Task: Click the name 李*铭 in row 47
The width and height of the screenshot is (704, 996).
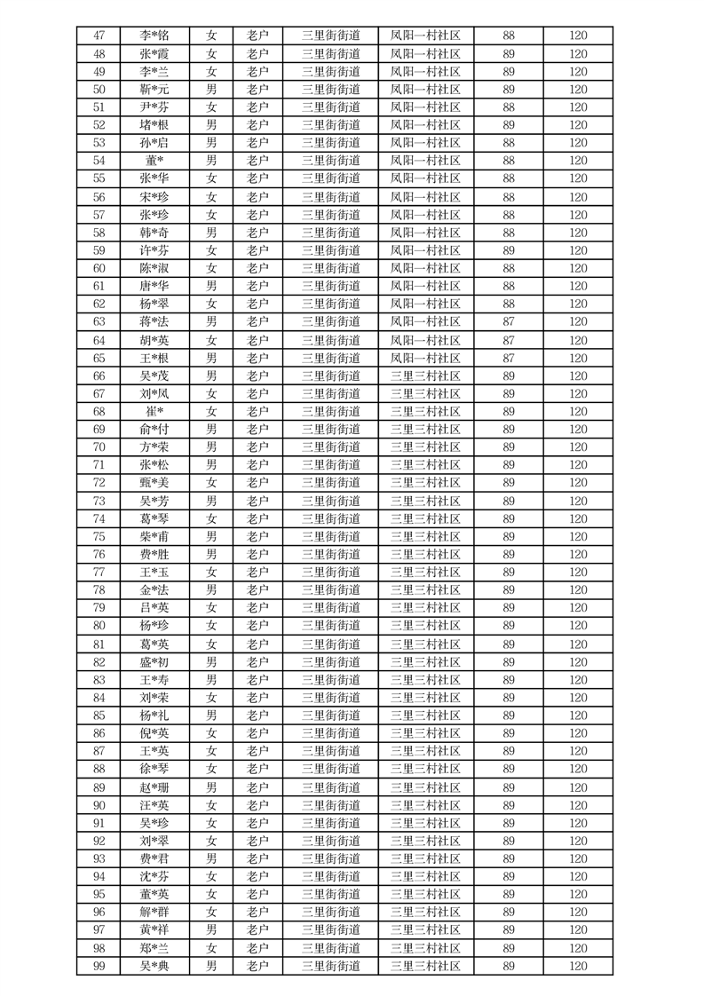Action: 154,36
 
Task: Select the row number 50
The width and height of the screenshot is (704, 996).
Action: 99,90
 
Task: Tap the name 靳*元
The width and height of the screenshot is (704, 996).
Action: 154,90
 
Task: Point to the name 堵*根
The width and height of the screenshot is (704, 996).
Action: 154,125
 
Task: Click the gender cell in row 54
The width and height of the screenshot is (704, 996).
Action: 211,161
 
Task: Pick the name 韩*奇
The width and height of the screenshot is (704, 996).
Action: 154,233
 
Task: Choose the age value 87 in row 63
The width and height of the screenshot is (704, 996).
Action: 509,321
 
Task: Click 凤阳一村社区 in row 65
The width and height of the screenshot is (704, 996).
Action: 425,358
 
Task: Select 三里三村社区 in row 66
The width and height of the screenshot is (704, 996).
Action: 425,375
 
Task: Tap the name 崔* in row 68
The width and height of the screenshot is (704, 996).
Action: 154,411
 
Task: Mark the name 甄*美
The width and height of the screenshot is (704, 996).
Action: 154,483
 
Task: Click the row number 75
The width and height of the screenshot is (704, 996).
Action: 99,536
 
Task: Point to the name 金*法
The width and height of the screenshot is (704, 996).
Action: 154,590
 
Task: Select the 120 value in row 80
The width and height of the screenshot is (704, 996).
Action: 578,626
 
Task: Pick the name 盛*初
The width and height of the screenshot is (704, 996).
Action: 154,662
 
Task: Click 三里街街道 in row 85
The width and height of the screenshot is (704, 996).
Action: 330,715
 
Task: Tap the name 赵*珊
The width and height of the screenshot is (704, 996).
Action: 154,787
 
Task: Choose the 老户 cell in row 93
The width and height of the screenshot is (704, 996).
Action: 257,858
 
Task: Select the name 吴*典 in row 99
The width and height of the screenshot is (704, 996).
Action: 154,966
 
